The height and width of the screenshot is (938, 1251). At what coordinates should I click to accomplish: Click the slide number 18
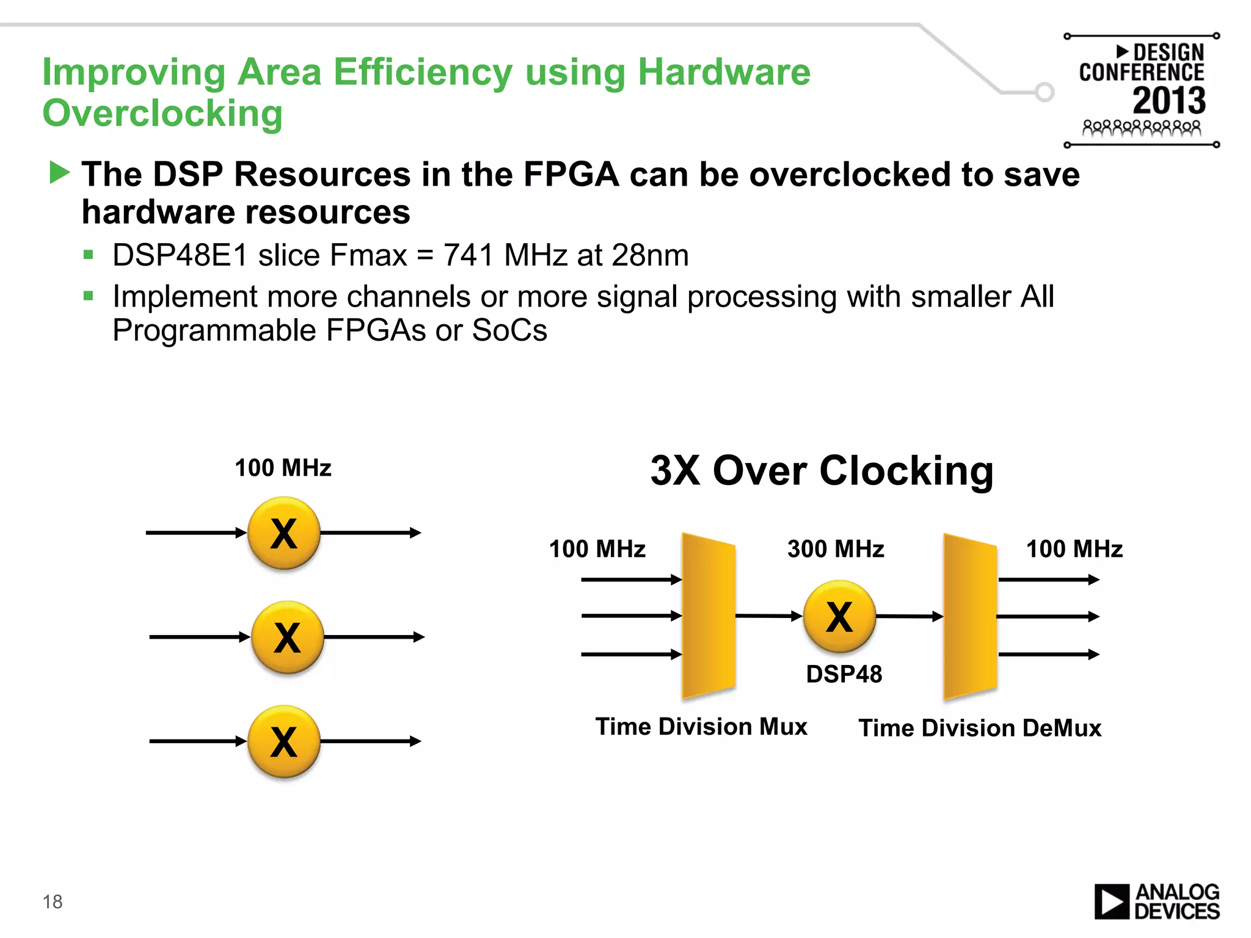pos(53,901)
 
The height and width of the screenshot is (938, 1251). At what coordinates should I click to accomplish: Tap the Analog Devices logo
pos(1156,901)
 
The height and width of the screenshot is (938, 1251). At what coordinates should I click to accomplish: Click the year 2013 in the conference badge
pos(1169,101)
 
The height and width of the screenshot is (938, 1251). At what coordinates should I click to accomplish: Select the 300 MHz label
pos(835,549)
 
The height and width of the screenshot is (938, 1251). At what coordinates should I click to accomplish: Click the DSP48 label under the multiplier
pos(844,674)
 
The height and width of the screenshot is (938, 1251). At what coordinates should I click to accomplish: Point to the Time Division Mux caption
pos(701,727)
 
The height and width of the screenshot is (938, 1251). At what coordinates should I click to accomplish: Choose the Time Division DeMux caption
pos(980,728)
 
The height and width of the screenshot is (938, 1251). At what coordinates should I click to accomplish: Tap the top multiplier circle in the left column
pos(284,533)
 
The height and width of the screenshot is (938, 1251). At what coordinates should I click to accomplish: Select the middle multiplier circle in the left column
pos(287,637)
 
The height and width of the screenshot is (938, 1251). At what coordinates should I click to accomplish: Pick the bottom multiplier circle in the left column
pos(284,741)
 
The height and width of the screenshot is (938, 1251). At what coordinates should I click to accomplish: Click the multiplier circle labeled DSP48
pos(839,616)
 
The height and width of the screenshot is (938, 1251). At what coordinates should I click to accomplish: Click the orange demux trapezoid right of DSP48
pos(970,616)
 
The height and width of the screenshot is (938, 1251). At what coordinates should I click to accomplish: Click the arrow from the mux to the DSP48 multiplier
pos(768,616)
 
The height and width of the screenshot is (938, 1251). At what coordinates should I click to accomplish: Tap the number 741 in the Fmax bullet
pos(469,255)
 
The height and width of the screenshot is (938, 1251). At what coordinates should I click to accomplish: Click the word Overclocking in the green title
pos(162,114)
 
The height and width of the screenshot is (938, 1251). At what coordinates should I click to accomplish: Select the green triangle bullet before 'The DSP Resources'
pos(59,173)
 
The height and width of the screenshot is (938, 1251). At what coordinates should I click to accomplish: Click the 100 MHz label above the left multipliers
pos(283,468)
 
